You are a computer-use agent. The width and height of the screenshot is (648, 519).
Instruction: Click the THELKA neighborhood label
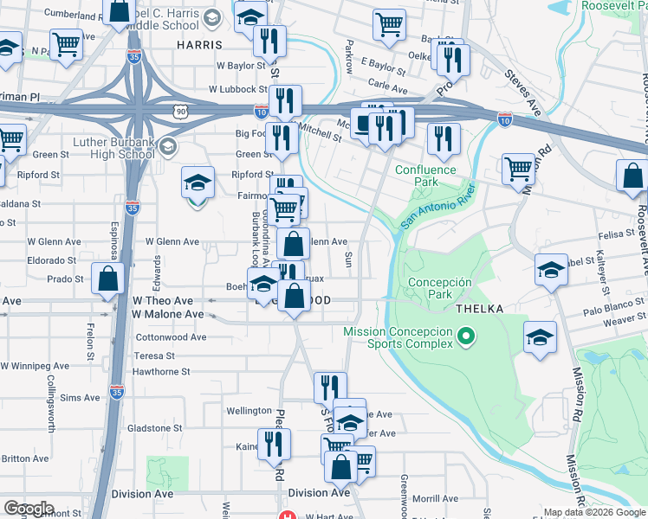coord(474,307)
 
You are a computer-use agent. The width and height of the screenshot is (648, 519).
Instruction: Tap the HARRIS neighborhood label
coord(199,44)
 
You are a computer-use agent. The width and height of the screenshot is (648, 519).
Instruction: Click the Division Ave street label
coord(319,493)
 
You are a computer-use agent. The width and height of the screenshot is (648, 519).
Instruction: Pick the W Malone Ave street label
coord(168,315)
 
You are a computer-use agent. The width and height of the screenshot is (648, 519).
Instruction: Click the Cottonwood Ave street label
coord(172,336)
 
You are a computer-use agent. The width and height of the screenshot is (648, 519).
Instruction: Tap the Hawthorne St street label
coord(161,371)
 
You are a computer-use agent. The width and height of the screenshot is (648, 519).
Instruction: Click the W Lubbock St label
coord(237,89)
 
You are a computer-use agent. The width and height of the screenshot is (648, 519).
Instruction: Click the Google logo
coord(29,509)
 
